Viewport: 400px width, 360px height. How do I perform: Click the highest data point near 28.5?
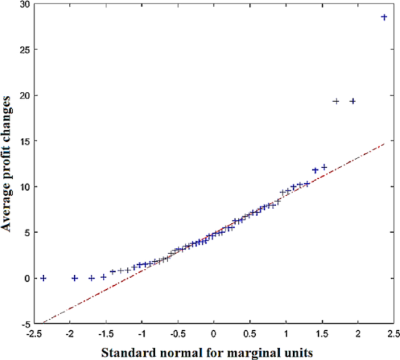click(384, 18)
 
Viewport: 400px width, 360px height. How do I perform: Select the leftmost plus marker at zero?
click(43, 278)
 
